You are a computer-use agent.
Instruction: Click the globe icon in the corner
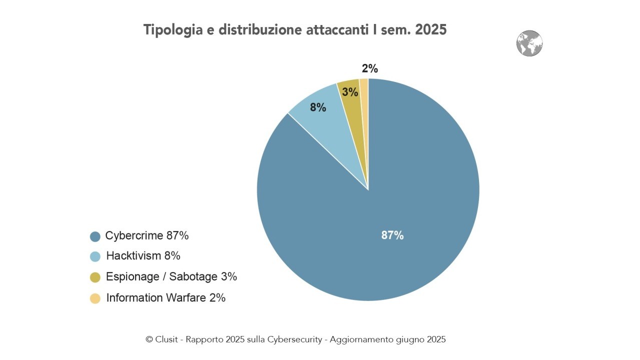(x=529, y=43)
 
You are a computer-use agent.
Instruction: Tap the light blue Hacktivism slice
(x=330, y=125)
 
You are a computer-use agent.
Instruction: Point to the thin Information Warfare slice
(x=364, y=100)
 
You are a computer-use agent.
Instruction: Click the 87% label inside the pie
(x=392, y=235)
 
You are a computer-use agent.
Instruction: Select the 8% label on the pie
(x=318, y=107)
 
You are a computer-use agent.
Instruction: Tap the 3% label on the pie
(x=350, y=92)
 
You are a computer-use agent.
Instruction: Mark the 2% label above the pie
(x=369, y=69)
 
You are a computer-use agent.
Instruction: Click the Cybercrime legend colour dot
(x=95, y=236)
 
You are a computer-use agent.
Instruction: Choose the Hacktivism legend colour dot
(x=95, y=256)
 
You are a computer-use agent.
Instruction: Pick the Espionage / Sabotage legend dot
(x=95, y=277)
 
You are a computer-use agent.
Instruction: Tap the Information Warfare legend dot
(x=95, y=298)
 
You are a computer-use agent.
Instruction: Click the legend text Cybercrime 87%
(x=147, y=236)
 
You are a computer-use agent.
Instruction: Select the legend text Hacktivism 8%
(x=143, y=256)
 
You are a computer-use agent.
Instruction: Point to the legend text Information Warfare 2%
(x=166, y=298)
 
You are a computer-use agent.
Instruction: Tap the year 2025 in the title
(x=430, y=29)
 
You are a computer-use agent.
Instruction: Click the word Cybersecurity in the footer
(x=299, y=339)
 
